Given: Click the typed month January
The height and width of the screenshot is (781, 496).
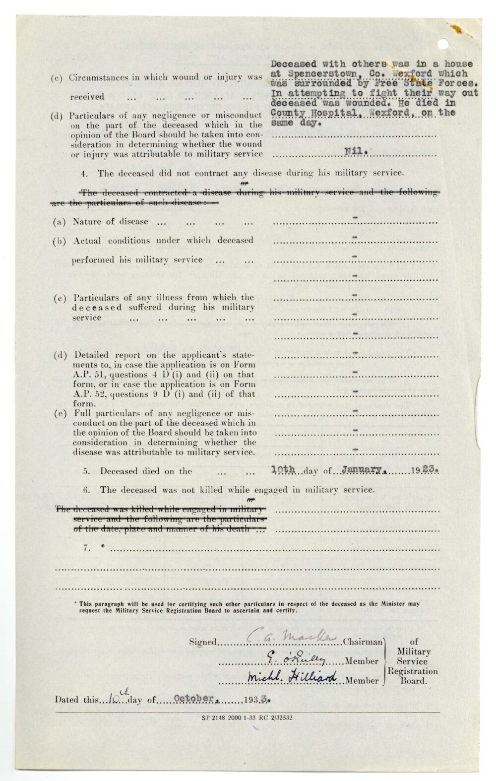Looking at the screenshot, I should click(361, 469).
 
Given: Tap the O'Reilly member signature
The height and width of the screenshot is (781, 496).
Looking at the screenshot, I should click(296, 658).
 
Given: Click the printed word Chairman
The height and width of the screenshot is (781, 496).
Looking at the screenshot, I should click(363, 642).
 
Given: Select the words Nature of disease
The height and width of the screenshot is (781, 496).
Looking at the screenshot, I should click(110, 221).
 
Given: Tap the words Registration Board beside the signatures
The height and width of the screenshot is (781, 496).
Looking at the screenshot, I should click(413, 676).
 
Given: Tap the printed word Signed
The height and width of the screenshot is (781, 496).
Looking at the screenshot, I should click(202, 642).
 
